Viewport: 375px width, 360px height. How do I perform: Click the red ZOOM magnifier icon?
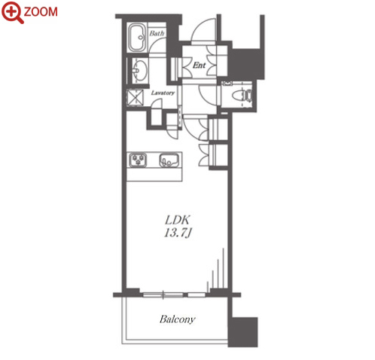click(x=12, y=12)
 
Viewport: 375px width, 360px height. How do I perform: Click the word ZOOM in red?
click(x=41, y=12)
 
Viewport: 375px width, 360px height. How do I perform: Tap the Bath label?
click(x=157, y=33)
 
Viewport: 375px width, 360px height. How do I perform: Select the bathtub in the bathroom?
click(x=137, y=38)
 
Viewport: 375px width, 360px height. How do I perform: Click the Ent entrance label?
click(x=199, y=66)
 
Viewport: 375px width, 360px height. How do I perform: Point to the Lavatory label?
click(x=163, y=93)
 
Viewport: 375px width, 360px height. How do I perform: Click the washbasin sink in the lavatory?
click(x=139, y=70)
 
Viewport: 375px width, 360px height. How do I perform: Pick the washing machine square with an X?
click(x=135, y=97)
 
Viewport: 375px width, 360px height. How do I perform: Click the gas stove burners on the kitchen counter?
click(x=138, y=160)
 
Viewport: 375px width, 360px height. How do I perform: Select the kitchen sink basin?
click(x=169, y=160)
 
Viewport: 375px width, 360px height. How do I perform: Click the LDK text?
click(x=178, y=220)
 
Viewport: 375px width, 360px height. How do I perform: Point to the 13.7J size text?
click(x=178, y=233)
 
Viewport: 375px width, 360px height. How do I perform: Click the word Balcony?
click(x=178, y=319)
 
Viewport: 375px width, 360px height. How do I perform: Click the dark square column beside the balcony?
click(x=243, y=332)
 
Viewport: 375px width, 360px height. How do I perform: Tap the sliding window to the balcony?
click(x=174, y=294)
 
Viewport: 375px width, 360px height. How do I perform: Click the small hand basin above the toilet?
click(x=227, y=84)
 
